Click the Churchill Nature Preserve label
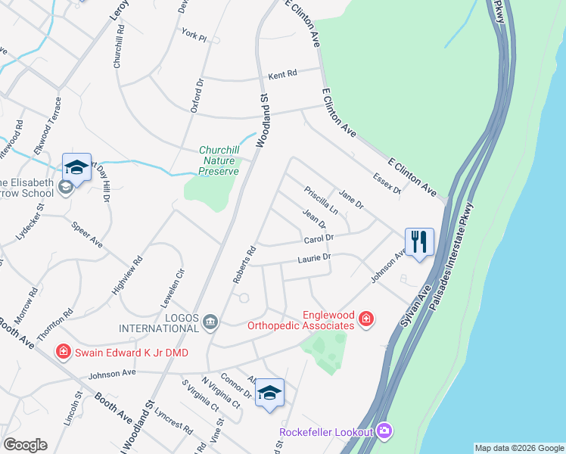[219, 160]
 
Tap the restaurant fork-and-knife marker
[419, 242]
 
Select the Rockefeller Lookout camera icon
[384, 431]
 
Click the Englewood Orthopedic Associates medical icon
[366, 320]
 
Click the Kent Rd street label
[283, 75]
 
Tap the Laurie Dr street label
[315, 258]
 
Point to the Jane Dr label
[352, 200]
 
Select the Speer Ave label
[86, 235]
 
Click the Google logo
[25, 445]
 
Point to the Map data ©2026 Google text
[518, 448]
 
